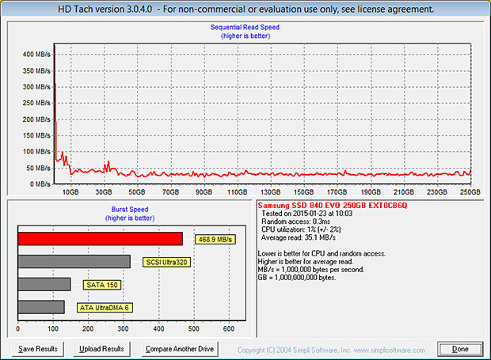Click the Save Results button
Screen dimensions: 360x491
[37, 349]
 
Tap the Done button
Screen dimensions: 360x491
[460, 349]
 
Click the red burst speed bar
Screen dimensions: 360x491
[100, 238]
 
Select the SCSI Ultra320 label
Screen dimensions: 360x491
[166, 262]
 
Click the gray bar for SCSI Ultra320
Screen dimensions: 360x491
[74, 261]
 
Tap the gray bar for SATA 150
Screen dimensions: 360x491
[44, 284]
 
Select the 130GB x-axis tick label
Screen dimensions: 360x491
[271, 191]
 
